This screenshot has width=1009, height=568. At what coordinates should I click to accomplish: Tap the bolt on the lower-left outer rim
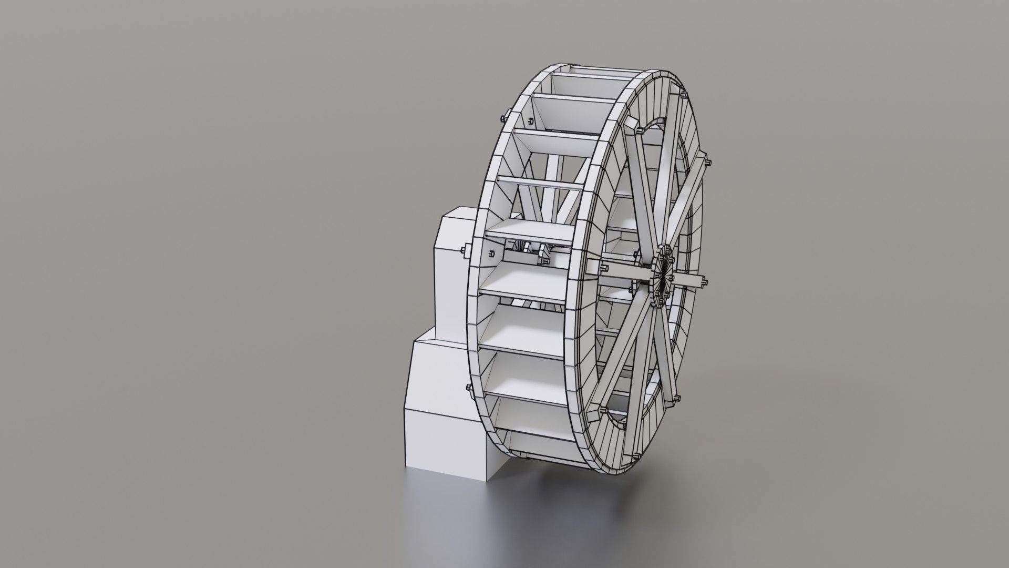click(468, 388)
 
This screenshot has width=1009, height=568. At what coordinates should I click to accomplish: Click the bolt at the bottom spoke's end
click(637, 454)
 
